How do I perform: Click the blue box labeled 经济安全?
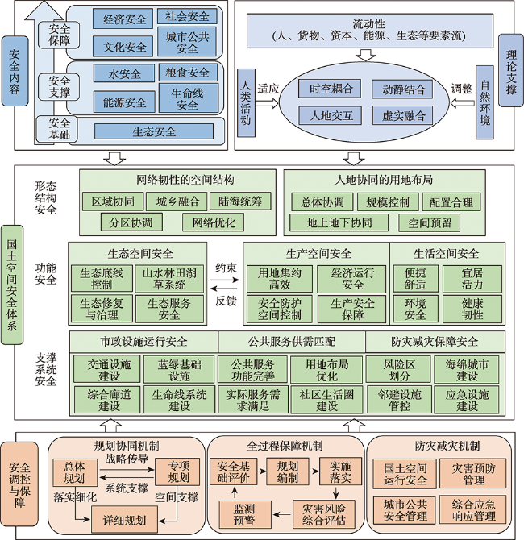point(123,19)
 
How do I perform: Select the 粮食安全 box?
point(188,73)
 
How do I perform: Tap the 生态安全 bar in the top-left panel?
point(154,131)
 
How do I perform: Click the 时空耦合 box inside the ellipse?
point(330,89)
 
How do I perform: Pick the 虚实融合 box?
point(403,116)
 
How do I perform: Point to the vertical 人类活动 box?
point(246,103)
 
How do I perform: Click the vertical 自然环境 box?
point(484,102)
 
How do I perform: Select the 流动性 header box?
point(370,31)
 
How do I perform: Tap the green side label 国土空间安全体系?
point(12,285)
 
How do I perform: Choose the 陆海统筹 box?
point(240,201)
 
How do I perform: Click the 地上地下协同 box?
point(339,222)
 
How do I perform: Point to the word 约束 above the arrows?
point(227,268)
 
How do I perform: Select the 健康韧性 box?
point(472,309)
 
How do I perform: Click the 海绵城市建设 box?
point(467,370)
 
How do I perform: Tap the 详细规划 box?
point(124,520)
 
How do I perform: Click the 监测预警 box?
point(245,514)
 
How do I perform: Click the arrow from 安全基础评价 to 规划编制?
point(262,471)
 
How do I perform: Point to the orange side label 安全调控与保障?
point(19,484)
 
